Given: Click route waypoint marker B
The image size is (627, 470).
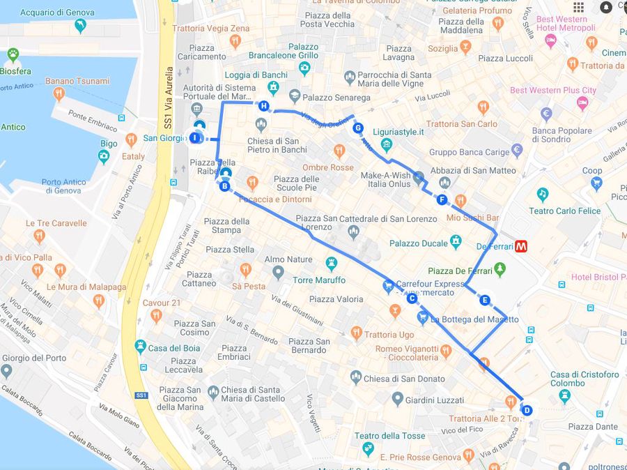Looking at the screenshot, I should (x=224, y=186).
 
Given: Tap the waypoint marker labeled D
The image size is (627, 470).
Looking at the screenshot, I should (x=527, y=411).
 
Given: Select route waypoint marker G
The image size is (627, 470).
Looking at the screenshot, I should (x=358, y=128).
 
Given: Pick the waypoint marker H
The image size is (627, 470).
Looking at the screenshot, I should (x=263, y=106).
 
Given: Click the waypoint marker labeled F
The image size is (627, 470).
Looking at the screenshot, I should (x=442, y=200).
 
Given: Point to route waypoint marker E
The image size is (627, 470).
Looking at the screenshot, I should (x=485, y=301).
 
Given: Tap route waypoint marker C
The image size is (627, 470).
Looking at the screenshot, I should (x=412, y=298).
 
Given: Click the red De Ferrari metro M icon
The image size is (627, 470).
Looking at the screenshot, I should (x=521, y=246).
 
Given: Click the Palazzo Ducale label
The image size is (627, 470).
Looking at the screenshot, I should (x=418, y=243).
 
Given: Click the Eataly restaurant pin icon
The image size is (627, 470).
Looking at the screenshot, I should (x=131, y=140).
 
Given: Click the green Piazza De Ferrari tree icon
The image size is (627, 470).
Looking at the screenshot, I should (x=499, y=270).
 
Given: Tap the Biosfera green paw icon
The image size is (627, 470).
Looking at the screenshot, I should (x=13, y=54).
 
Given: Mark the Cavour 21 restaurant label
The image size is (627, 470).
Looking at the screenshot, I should (x=161, y=303).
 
